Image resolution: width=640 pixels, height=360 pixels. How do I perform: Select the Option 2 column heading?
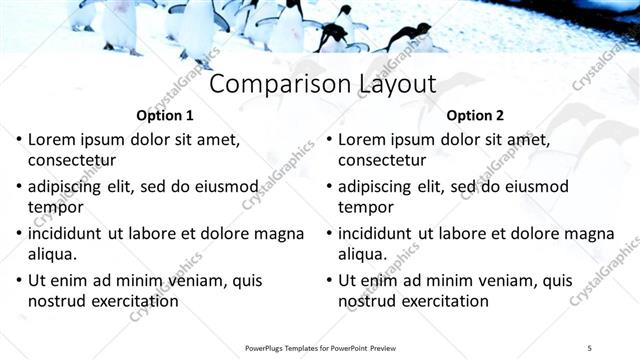tap(475, 115)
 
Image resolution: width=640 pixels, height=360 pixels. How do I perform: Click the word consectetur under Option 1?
tap(72, 159)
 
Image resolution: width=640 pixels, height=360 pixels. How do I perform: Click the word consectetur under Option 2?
tap(382, 159)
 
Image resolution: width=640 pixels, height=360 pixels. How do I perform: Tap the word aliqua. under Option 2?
tap(364, 254)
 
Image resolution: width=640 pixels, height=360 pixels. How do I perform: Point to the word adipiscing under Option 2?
tap(376, 187)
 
